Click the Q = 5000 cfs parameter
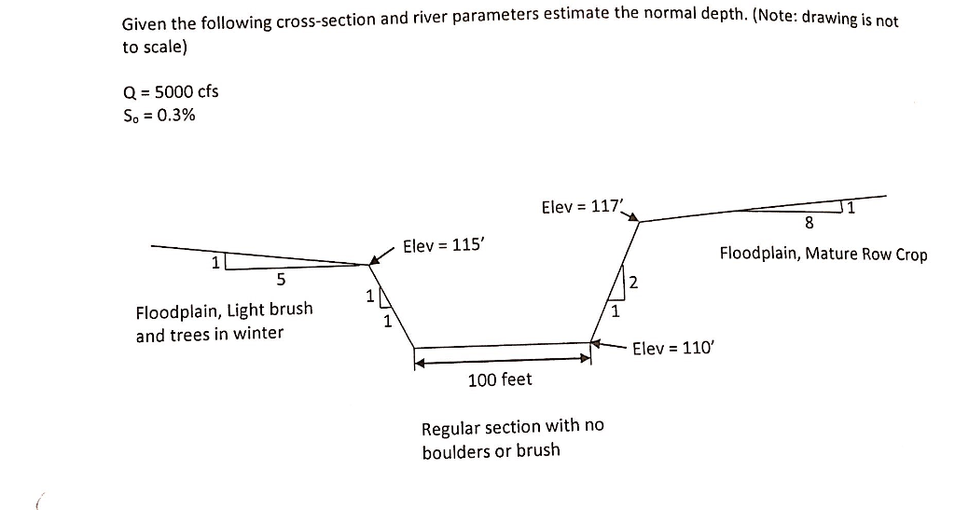(x=171, y=91)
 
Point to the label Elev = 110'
(x=671, y=349)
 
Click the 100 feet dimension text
(x=500, y=379)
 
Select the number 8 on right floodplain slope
(x=808, y=223)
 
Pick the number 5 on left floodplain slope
(x=282, y=279)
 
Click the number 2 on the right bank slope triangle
(x=633, y=283)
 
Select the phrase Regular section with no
(x=512, y=426)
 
